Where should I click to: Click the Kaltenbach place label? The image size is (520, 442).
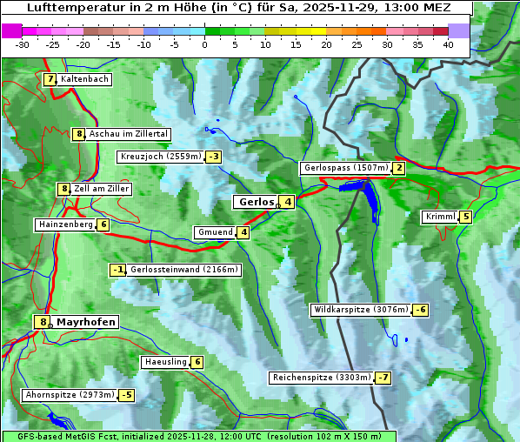[x=84, y=79]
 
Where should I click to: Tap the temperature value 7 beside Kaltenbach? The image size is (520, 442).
[x=50, y=79]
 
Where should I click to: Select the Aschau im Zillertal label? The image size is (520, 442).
[x=129, y=134]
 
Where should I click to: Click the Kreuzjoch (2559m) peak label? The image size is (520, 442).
[x=160, y=157]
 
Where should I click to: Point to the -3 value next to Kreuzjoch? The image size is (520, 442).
[x=213, y=157]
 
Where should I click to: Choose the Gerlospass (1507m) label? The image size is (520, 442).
[x=345, y=168]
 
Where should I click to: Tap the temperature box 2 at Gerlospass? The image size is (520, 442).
[x=398, y=168]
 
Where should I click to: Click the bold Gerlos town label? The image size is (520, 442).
[x=256, y=202]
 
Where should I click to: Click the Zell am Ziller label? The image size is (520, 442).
[x=102, y=189]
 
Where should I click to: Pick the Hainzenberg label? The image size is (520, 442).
[x=65, y=224]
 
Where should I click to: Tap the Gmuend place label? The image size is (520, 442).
[x=215, y=232]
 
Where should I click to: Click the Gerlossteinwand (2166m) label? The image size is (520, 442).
[x=183, y=270]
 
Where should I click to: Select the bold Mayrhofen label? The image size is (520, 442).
[x=85, y=322]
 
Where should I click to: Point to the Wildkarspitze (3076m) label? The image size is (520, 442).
[x=361, y=310]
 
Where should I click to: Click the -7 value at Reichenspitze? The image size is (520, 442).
[x=383, y=378]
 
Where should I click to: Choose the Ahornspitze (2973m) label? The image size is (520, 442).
[x=70, y=395]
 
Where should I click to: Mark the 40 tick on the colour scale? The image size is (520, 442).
[x=448, y=44]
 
